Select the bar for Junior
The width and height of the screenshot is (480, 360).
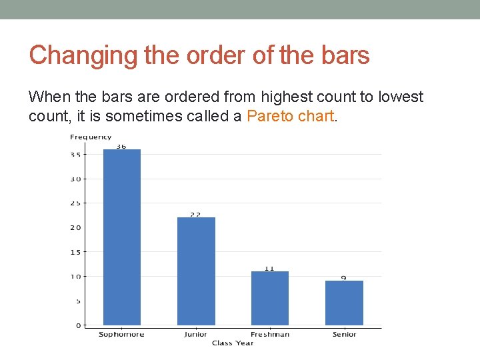[x=196, y=271]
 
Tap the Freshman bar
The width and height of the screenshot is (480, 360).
[x=270, y=298]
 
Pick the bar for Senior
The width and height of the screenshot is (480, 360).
[x=344, y=303]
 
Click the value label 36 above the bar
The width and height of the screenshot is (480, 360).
[x=121, y=145]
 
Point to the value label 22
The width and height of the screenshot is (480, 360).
[x=195, y=215]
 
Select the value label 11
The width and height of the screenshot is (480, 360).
[x=269, y=268]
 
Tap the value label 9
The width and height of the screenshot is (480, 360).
[x=344, y=277]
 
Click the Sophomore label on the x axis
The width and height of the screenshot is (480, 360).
[x=121, y=334]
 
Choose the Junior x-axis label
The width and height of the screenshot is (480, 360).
[x=195, y=334]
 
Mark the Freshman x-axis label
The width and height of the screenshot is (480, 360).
[x=270, y=334]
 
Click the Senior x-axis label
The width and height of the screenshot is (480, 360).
[x=344, y=334]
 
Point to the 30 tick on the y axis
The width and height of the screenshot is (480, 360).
[x=75, y=179]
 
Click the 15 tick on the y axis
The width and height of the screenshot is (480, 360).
[x=75, y=252]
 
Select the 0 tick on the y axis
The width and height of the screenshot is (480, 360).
[x=77, y=325]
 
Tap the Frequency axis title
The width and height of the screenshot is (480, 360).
[x=91, y=137]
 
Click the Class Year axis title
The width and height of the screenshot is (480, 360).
[x=233, y=343]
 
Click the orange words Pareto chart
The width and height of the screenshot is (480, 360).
[x=290, y=116]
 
